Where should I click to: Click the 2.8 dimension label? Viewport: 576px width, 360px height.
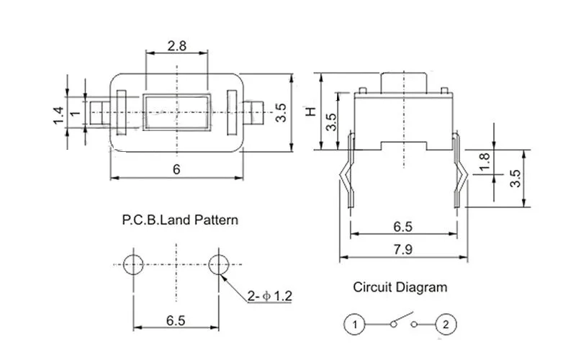(x=176, y=46)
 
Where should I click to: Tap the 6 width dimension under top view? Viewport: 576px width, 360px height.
(x=176, y=169)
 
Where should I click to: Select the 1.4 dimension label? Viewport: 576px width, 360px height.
(x=58, y=116)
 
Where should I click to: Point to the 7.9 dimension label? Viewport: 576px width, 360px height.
(x=403, y=250)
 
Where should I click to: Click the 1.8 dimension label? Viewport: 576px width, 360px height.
(x=485, y=162)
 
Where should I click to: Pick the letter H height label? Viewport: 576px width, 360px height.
(x=311, y=112)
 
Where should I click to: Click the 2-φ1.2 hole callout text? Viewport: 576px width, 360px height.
(x=269, y=296)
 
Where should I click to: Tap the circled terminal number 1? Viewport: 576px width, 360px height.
(x=354, y=325)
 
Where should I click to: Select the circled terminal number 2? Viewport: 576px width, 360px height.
(x=446, y=325)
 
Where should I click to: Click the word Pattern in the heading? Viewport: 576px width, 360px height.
(x=216, y=220)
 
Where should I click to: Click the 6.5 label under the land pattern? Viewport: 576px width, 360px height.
(x=176, y=320)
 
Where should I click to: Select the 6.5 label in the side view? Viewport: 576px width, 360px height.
(x=403, y=227)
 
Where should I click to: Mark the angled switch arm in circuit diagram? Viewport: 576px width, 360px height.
(x=403, y=318)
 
